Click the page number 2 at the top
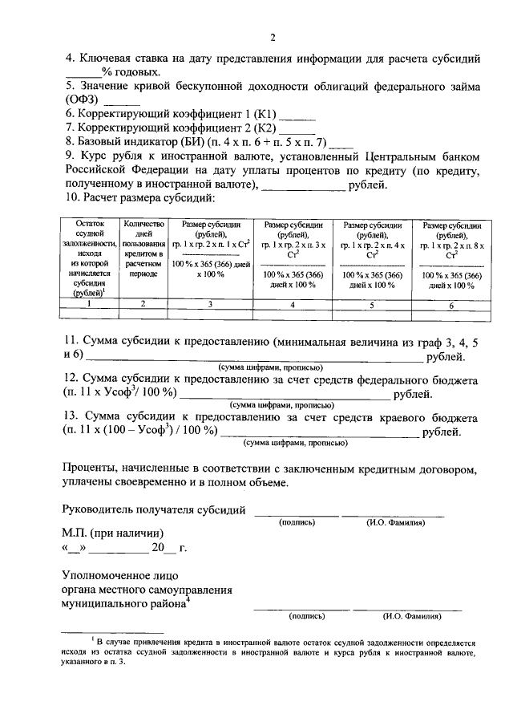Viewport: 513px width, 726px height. click(x=273, y=38)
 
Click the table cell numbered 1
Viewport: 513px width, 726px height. click(x=90, y=304)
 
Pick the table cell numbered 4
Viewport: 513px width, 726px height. click(x=293, y=304)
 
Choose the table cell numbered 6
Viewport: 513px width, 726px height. click(x=450, y=304)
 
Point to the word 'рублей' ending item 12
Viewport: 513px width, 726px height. click(x=412, y=394)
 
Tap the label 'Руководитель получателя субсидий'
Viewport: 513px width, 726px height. click(x=154, y=509)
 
